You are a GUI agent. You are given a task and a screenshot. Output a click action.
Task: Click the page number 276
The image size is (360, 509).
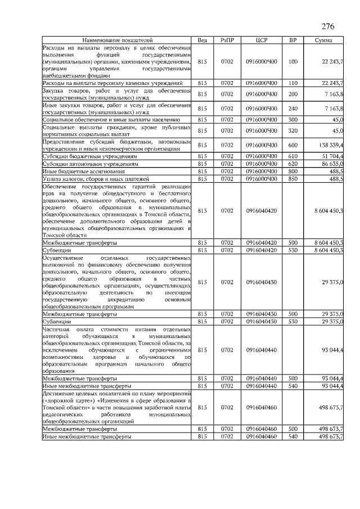[x=328, y=27]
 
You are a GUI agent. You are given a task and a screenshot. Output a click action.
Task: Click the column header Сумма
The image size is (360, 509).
[x=323, y=40]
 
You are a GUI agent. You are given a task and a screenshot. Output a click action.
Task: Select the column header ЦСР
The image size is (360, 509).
[x=261, y=40]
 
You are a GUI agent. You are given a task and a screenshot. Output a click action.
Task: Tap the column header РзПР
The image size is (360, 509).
[x=227, y=40]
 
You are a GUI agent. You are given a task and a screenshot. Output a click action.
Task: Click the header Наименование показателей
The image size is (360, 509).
[x=118, y=40]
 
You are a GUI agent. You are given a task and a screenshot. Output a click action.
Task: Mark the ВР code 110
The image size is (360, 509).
[x=292, y=83]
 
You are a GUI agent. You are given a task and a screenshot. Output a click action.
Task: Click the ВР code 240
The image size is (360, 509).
[x=292, y=108]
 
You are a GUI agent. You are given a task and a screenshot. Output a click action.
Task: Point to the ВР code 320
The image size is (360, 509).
[x=292, y=130]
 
